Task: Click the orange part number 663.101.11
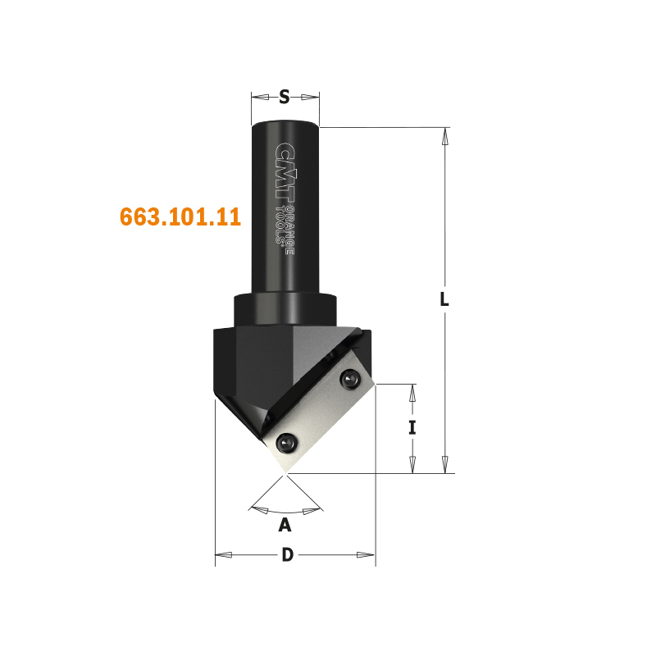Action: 180,216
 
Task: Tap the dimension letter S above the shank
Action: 284,97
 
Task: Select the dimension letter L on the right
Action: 444,299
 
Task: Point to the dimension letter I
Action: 412,428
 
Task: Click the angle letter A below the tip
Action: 285,524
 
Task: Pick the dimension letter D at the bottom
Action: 288,555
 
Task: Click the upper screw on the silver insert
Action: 350,380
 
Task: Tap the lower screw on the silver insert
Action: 287,443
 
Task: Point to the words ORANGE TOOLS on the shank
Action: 285,230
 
